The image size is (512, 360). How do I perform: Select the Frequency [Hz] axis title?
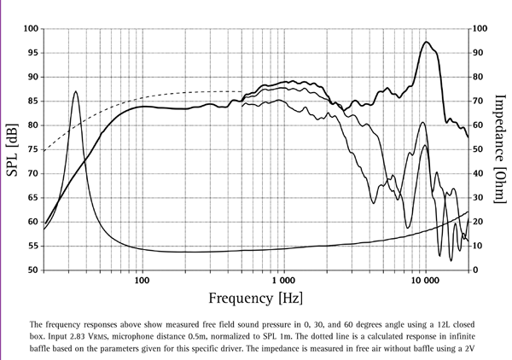254,298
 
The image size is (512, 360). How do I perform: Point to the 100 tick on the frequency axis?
142,280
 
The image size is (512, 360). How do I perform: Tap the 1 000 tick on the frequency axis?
282,280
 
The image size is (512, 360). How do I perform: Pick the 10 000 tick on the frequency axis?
424,280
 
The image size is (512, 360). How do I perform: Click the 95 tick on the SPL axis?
32,53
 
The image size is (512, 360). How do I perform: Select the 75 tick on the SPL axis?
32,149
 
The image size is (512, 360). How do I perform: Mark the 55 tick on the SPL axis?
32,246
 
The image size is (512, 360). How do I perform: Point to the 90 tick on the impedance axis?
480,53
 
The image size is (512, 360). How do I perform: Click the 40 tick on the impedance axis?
480,173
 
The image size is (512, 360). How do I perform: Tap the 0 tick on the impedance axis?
477,270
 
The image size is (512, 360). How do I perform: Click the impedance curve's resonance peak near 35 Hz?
76,91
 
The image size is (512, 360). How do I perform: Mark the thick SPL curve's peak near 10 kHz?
426,42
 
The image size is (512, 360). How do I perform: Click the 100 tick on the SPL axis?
31,29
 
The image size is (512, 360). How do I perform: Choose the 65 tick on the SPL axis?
32,197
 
